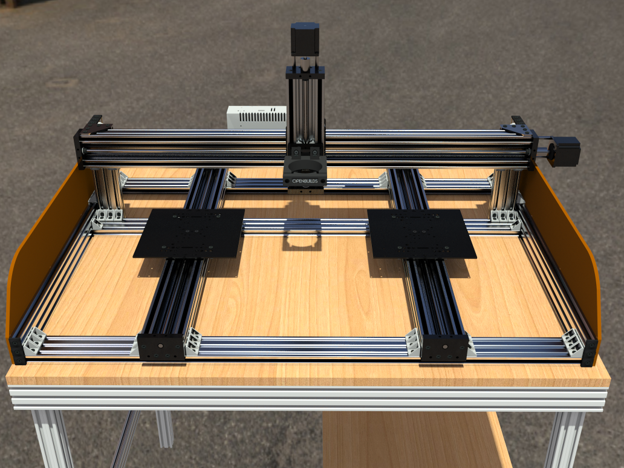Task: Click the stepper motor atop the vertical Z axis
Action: click(305, 39)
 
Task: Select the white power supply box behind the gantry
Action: click(257, 117)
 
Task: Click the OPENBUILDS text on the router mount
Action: click(305, 181)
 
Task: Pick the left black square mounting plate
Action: click(189, 233)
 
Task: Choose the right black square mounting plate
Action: click(421, 233)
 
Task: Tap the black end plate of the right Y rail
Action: click(445, 348)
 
